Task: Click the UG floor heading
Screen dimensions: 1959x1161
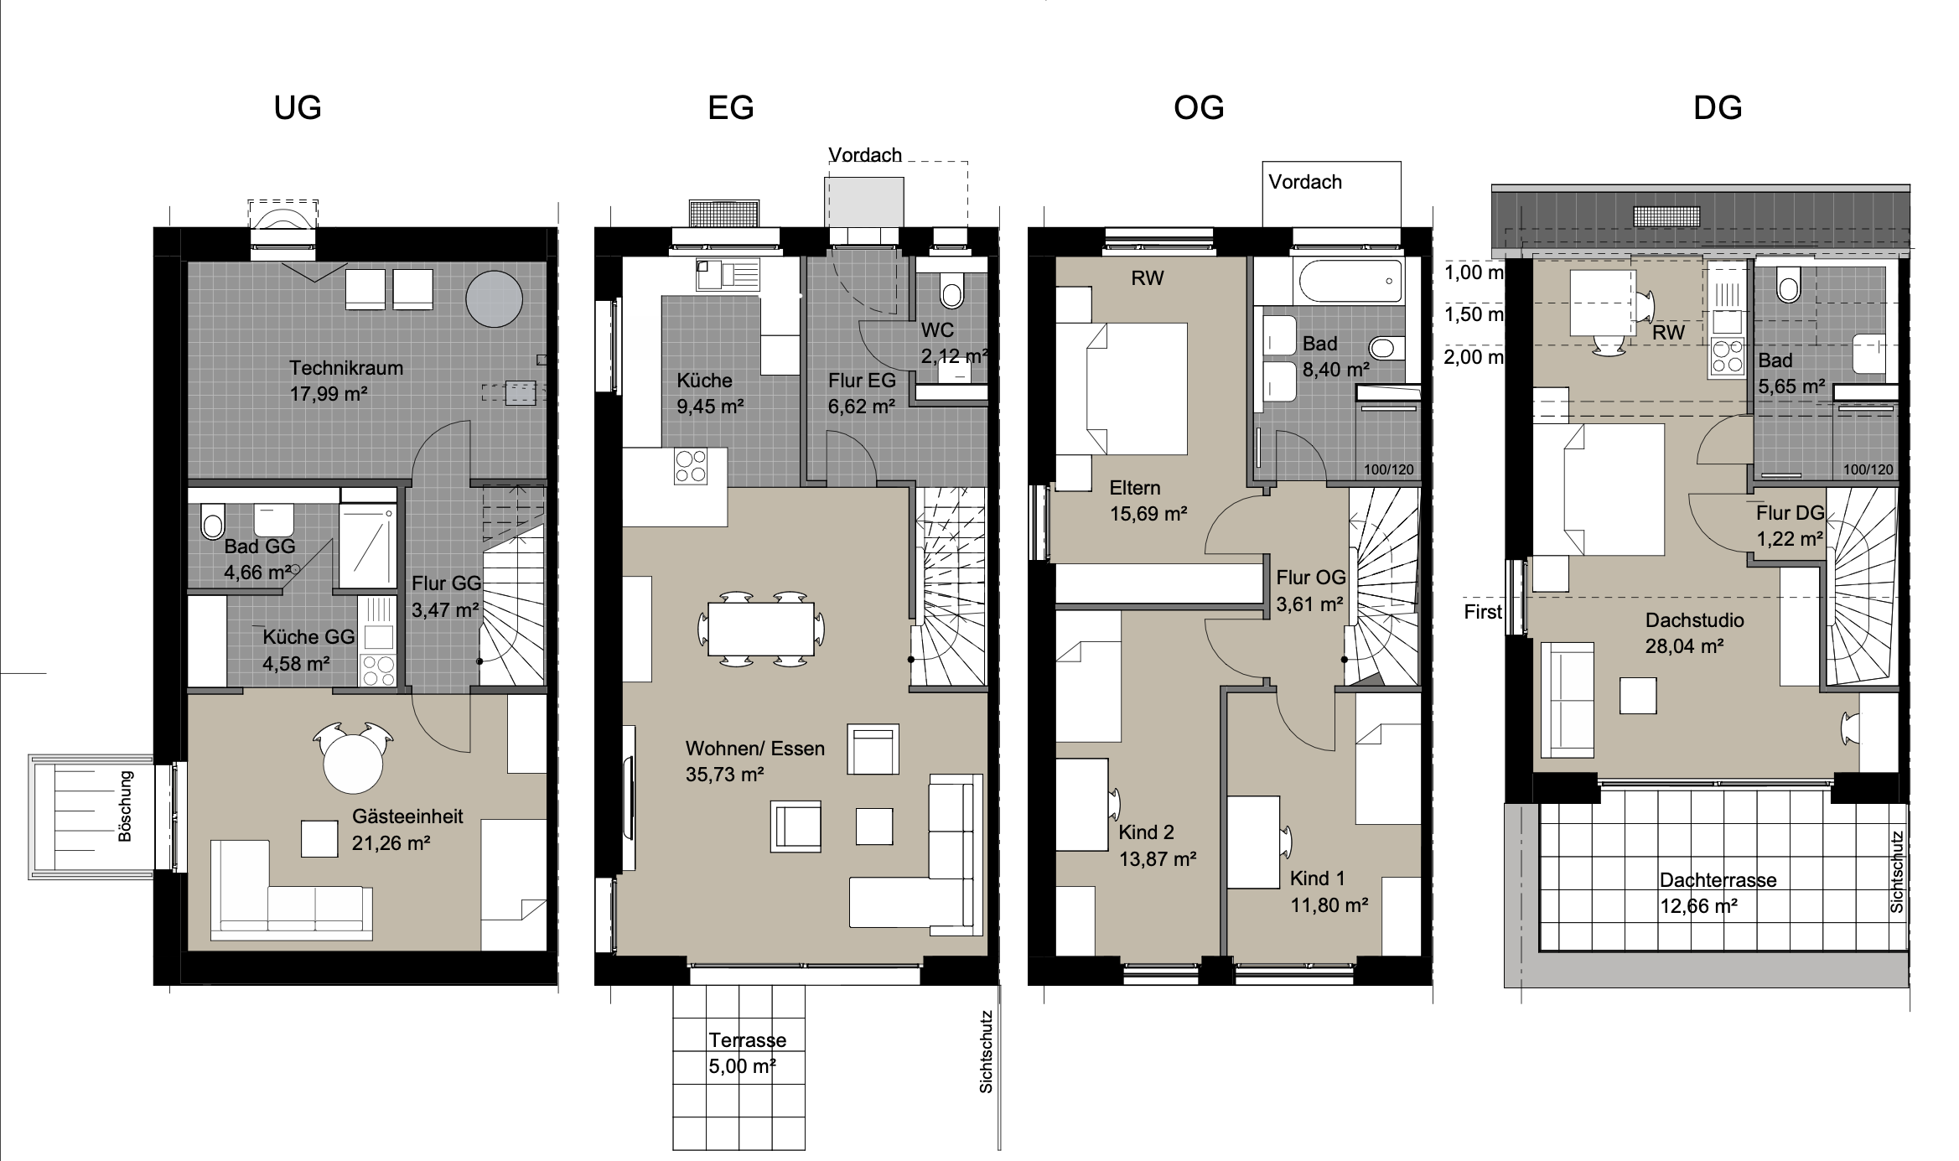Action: click(x=298, y=108)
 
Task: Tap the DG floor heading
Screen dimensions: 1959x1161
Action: click(x=1718, y=108)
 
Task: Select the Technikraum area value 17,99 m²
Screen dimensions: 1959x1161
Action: click(x=329, y=394)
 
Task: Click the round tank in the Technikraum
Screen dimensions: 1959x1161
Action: click(x=495, y=298)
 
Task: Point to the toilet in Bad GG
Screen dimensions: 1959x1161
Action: click(x=213, y=521)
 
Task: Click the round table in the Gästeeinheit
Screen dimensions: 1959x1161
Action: click(x=353, y=763)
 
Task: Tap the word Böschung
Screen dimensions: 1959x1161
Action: click(x=126, y=806)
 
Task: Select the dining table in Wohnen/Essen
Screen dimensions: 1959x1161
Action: click(x=761, y=629)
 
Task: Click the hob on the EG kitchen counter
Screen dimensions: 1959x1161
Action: click(x=691, y=467)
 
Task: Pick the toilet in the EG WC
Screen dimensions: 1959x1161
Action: click(x=952, y=290)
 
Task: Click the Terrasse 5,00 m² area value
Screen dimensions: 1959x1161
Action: click(x=742, y=1066)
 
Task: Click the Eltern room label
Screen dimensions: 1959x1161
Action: click(x=1135, y=488)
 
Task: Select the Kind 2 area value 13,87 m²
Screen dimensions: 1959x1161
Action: click(x=1158, y=859)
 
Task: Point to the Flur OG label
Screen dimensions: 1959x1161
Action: click(x=1311, y=578)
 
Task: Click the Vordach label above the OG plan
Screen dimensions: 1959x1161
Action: click(x=1305, y=182)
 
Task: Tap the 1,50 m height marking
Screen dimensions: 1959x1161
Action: click(x=1474, y=314)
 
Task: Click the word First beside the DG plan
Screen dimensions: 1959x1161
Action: click(x=1483, y=612)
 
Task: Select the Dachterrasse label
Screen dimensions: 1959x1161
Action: click(x=1718, y=880)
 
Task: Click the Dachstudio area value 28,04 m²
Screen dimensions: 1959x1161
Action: click(x=1684, y=646)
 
